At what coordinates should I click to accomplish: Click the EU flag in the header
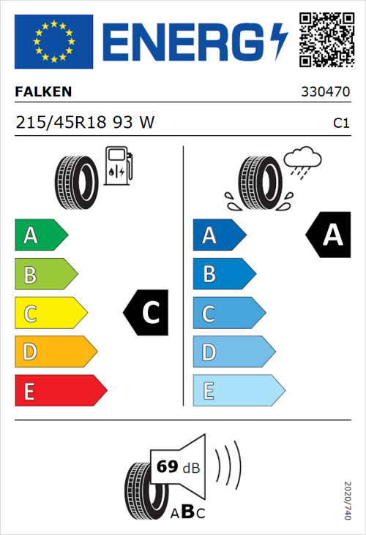[x=53, y=42]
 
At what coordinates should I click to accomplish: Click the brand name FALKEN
[x=44, y=92]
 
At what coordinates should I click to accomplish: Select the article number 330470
[x=325, y=93]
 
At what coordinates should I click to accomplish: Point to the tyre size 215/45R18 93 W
[x=85, y=123]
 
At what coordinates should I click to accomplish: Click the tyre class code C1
[x=340, y=124]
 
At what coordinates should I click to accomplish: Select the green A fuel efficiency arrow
[x=40, y=235]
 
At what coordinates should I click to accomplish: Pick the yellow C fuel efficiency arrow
[x=50, y=314]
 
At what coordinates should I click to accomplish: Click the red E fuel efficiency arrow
[x=60, y=391]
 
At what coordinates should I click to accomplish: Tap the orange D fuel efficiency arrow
[x=55, y=352]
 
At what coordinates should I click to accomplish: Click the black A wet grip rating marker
[x=329, y=235]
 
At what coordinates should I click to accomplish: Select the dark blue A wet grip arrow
[x=218, y=235]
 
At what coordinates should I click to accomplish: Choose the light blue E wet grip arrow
[x=238, y=391]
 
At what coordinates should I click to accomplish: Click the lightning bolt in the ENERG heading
[x=280, y=42]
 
